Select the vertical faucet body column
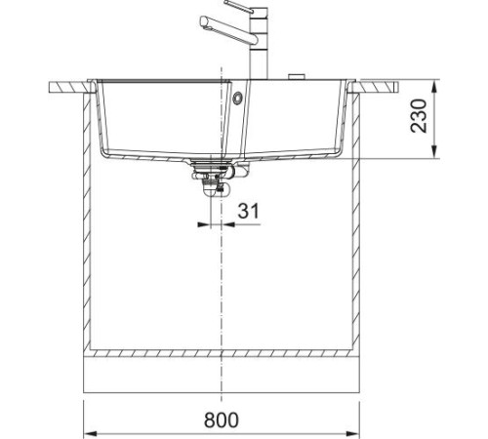[261, 54]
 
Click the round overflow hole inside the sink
[238, 97]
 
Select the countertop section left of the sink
[68, 88]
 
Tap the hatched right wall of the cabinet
[358, 224]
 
